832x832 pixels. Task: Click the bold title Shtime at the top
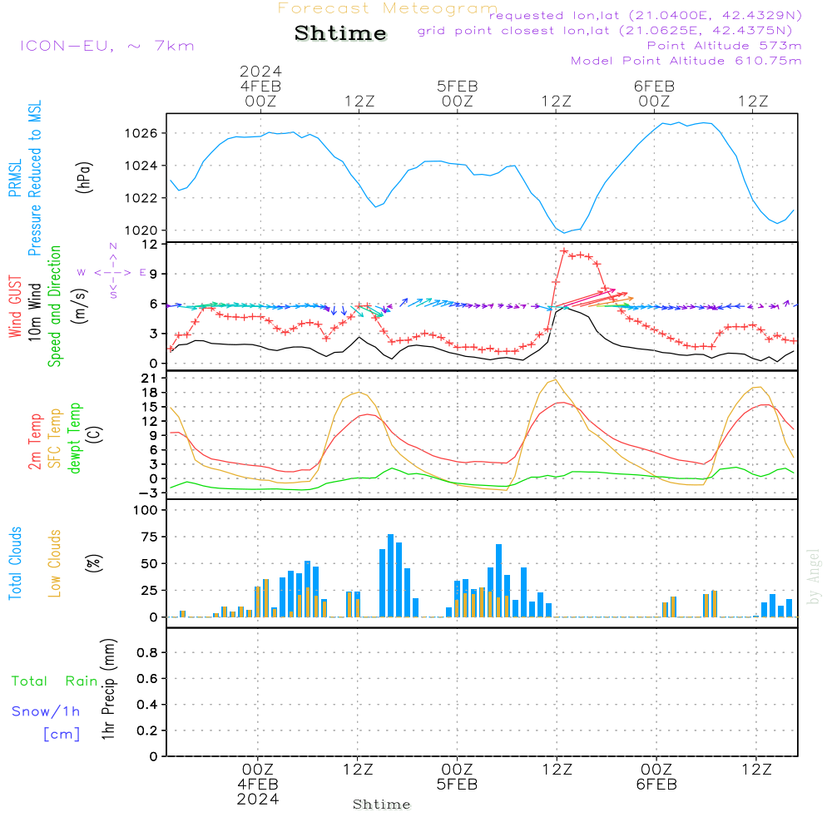pyautogui.click(x=340, y=33)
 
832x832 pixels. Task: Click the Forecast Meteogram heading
pyautogui.click(x=388, y=8)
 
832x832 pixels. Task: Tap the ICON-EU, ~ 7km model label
pyautogui.click(x=106, y=46)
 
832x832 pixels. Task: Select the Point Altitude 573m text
pyautogui.click(x=724, y=46)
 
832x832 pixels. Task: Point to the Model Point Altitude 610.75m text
pyautogui.click(x=686, y=61)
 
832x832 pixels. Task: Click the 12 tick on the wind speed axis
pyautogui.click(x=150, y=245)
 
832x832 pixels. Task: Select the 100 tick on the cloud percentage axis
pyautogui.click(x=146, y=510)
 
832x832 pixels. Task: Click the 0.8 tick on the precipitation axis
pyautogui.click(x=146, y=653)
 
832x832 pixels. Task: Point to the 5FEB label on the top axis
pyautogui.click(x=457, y=86)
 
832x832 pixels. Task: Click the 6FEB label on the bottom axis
pyautogui.click(x=656, y=785)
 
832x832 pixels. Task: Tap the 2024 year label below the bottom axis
pyautogui.click(x=258, y=799)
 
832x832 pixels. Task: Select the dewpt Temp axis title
pyautogui.click(x=75, y=438)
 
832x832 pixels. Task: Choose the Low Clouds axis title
pyautogui.click(x=55, y=563)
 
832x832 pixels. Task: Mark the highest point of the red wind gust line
pyautogui.click(x=564, y=251)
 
